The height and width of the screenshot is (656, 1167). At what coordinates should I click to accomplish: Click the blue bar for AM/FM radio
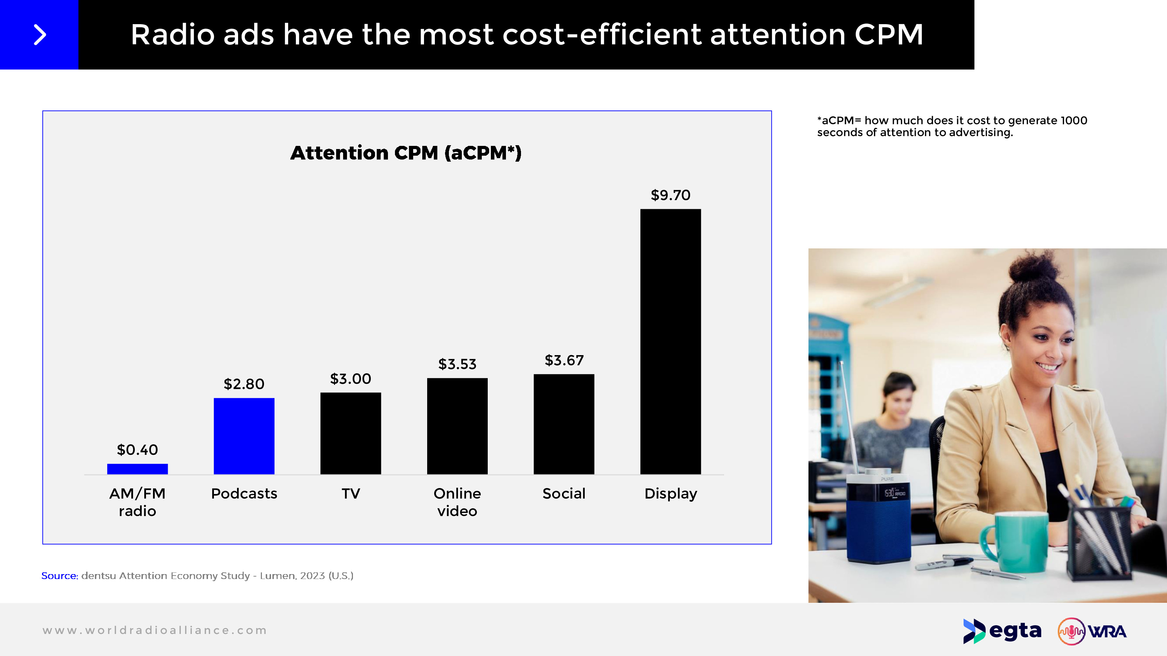tap(137, 469)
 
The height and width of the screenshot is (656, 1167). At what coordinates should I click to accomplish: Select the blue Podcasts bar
tap(244, 436)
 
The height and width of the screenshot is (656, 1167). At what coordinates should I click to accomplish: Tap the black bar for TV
tap(350, 433)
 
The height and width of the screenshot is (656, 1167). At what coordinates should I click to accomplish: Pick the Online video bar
tap(457, 426)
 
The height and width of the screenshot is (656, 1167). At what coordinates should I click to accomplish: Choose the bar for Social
tap(564, 424)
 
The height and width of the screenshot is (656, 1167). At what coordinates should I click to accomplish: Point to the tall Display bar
tap(671, 341)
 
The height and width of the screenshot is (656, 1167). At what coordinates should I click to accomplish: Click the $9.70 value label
tap(671, 195)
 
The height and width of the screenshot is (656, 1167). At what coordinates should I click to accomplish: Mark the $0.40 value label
tap(137, 450)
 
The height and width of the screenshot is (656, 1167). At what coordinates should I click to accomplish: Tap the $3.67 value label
tap(564, 360)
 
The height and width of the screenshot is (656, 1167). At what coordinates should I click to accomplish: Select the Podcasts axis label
tap(244, 493)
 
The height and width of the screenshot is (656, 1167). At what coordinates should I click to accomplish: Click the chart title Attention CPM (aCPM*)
tap(406, 153)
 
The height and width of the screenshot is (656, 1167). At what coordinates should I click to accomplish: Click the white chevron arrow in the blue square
tap(40, 35)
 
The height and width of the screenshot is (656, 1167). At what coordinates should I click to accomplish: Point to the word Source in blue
tap(59, 576)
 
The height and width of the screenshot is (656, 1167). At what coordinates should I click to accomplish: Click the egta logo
tap(1002, 631)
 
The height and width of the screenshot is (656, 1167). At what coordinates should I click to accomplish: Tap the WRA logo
tap(1092, 631)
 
